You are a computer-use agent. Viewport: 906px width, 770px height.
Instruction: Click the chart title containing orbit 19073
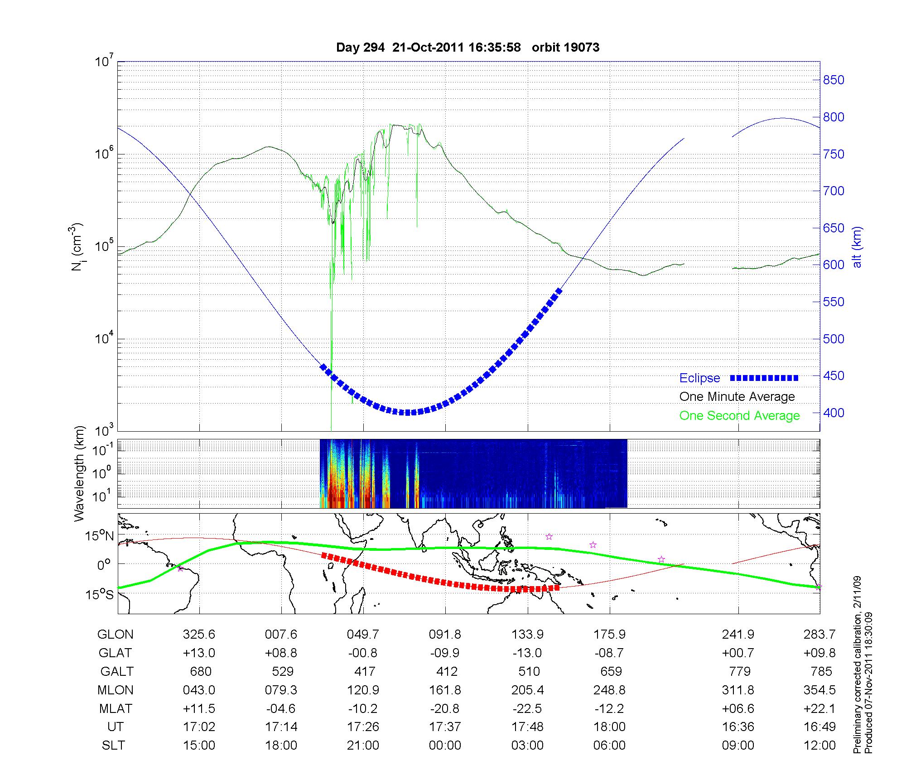pos(467,48)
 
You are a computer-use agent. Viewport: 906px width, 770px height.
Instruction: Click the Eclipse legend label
pos(699,378)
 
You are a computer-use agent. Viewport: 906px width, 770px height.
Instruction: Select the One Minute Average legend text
pos(737,397)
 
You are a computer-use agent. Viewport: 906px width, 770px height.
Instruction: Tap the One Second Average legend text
pos(739,416)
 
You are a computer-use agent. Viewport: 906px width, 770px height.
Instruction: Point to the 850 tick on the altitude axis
pos(834,80)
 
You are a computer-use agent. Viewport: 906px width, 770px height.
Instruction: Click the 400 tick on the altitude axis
pos(834,413)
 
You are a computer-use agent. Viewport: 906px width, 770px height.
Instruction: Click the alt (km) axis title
pos(858,247)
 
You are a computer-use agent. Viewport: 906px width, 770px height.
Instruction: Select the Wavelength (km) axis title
pos(79,474)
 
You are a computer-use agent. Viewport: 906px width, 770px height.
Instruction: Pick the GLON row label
pos(116,635)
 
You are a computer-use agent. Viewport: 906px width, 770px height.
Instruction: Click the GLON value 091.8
pos(445,635)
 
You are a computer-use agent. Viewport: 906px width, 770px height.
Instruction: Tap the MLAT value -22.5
pos(527,708)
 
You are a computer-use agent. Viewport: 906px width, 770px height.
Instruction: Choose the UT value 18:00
pos(610,727)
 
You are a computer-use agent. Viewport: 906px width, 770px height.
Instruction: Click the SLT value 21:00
pos(363,746)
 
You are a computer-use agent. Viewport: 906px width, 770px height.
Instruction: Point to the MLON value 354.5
pos(819,690)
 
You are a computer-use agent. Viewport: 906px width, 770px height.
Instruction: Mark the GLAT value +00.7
pos(738,653)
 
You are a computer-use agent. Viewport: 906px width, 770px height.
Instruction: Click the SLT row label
pos(113,746)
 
